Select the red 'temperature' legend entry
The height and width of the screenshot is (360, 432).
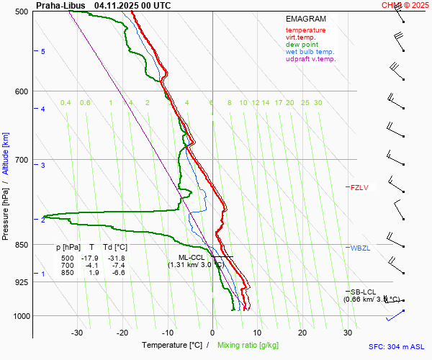(305, 30)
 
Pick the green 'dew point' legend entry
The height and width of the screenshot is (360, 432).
(302, 45)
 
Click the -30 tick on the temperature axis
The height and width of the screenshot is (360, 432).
(77, 333)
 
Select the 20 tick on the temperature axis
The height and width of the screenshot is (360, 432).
(302, 333)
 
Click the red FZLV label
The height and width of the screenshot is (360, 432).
(359, 188)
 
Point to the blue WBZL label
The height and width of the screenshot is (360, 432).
(359, 248)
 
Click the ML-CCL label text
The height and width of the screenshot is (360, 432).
(192, 257)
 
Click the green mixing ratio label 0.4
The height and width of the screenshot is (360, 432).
(66, 103)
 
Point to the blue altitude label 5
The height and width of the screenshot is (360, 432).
(42, 52)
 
